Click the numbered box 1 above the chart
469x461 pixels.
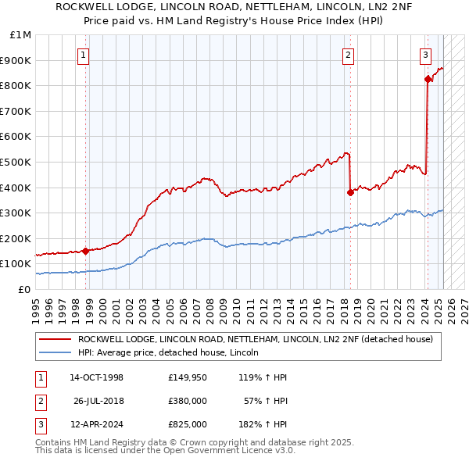82,55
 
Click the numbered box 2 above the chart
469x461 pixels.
347,55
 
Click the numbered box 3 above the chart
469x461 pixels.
424,55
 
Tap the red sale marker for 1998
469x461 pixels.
85,251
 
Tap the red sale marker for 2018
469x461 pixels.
350,192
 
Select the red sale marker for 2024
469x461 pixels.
428,79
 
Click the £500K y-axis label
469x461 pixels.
17,162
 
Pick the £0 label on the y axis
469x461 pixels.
24,289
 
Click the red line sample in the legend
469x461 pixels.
55,340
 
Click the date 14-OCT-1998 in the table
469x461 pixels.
96,377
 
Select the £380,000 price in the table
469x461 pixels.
187,401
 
